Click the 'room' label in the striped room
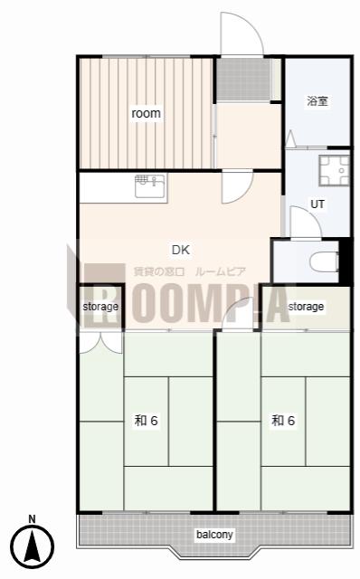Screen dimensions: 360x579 coord(147,113)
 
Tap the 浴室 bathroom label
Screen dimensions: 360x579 coord(317,100)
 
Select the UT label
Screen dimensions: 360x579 coord(317,204)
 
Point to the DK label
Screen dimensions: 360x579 coord(181,250)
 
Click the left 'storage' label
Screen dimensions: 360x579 coord(100,307)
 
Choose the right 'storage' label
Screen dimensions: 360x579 coord(306,307)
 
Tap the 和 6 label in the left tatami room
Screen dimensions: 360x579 coord(147,420)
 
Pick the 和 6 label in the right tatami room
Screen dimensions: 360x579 coord(283,420)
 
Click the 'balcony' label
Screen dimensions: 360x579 coord(214,535)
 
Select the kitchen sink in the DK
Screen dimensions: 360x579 coord(151,187)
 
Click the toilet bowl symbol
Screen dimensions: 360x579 coord(324,262)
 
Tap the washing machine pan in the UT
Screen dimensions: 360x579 coord(334,171)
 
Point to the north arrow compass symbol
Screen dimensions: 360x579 coord(33,546)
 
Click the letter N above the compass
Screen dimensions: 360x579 coord(33,518)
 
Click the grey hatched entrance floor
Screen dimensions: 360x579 coord(243,79)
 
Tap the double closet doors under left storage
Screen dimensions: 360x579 coord(100,343)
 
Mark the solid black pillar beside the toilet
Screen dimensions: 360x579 coord(345,261)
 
